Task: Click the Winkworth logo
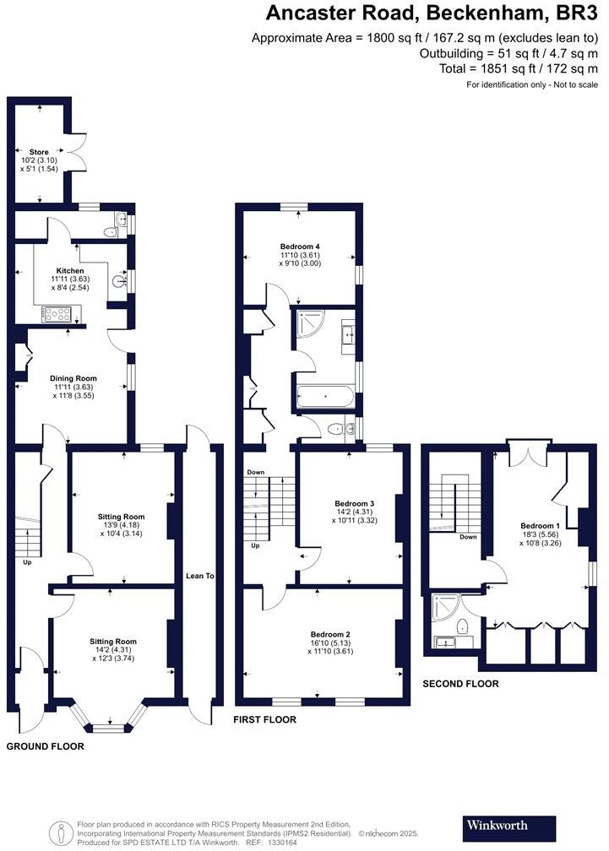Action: pos(509,825)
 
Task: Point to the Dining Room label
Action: pos(74,378)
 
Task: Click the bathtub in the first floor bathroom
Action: pos(325,398)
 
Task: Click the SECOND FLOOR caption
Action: pos(460,684)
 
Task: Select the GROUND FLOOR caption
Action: pos(45,746)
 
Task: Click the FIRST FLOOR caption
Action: pos(264,719)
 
